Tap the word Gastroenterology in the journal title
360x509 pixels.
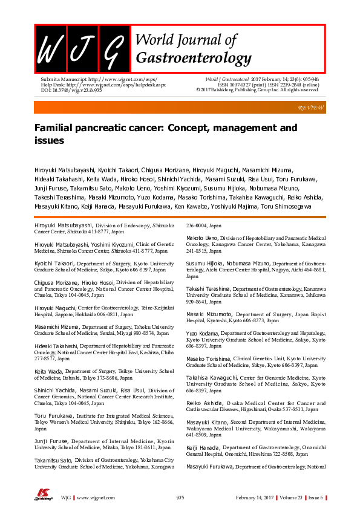click(x=194, y=58)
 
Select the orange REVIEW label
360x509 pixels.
click(x=312, y=107)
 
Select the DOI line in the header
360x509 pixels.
click(x=68, y=90)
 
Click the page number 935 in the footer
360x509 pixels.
click(x=180, y=498)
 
